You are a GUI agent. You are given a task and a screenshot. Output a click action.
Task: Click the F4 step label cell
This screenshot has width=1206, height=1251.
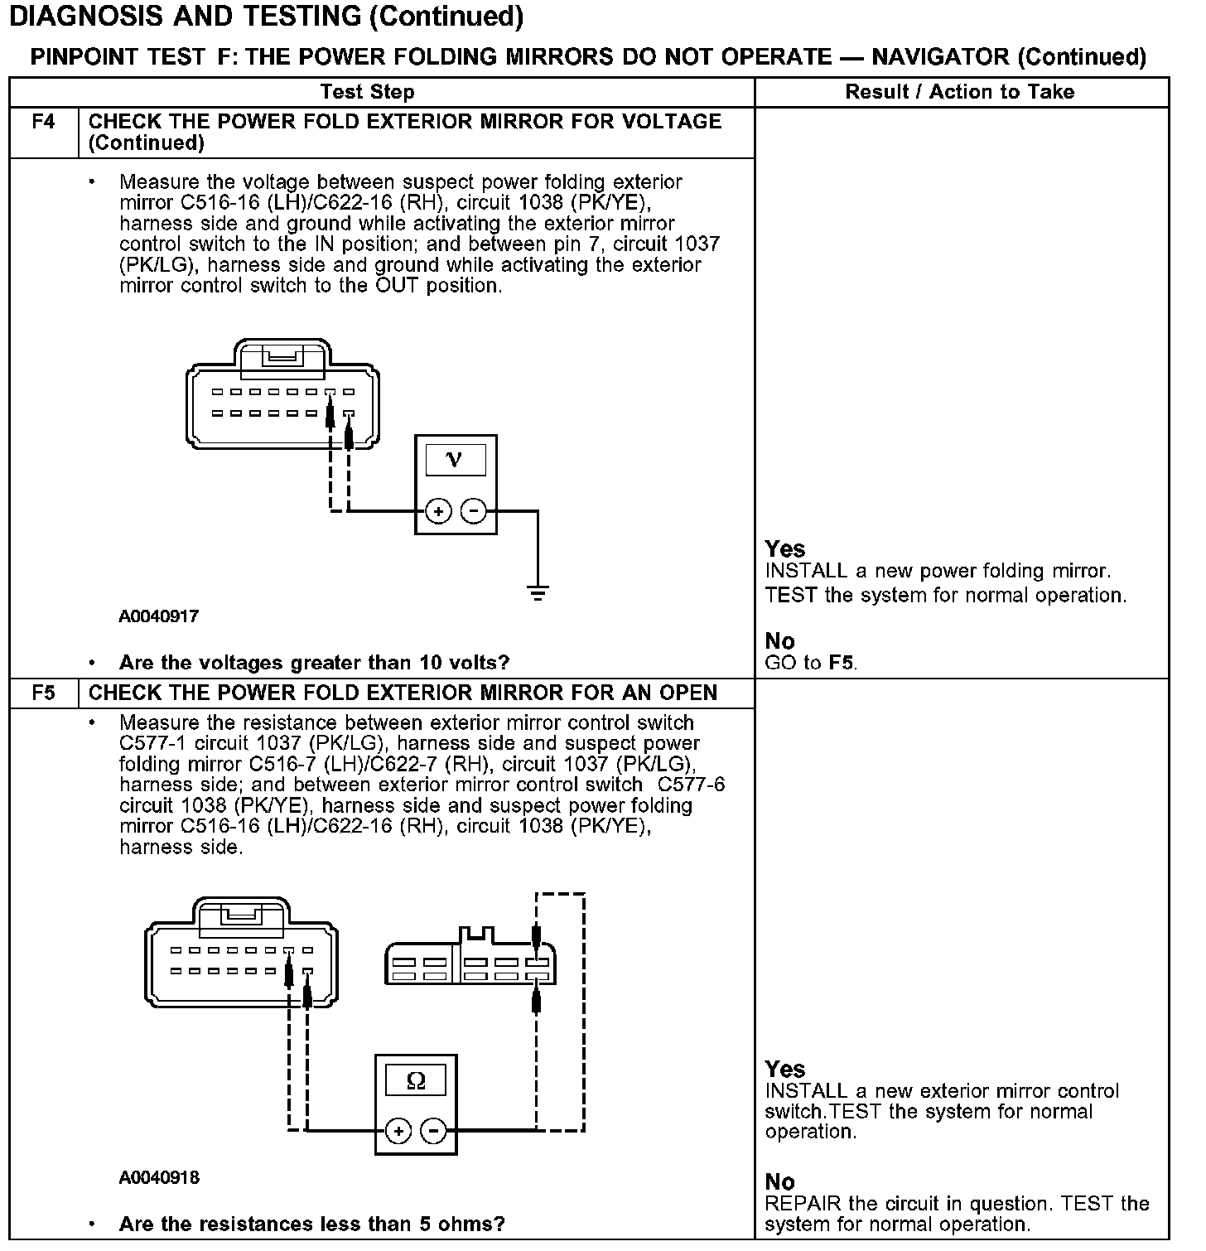[x=44, y=123]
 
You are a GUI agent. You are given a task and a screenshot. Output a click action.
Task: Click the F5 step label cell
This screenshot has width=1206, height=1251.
[x=44, y=693]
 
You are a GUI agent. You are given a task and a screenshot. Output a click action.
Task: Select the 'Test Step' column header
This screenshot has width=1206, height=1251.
[x=367, y=92]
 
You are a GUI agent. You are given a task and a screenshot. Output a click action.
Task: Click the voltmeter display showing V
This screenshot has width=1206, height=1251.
[x=455, y=460]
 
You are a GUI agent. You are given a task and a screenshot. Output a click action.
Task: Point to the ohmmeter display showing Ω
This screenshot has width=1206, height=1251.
[x=416, y=1080]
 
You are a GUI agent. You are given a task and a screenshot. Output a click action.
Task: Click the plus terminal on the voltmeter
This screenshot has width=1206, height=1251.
[x=438, y=511]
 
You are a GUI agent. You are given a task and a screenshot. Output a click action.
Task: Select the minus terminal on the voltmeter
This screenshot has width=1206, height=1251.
[x=473, y=511]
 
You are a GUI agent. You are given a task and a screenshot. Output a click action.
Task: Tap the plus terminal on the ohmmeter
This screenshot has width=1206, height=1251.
[x=398, y=1131]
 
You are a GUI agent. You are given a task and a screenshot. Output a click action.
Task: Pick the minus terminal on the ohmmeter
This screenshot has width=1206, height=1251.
[x=433, y=1131]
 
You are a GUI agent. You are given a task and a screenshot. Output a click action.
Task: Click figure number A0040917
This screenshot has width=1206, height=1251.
[x=158, y=616]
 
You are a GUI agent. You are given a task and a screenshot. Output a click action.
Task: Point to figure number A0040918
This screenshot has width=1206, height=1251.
[x=159, y=1177]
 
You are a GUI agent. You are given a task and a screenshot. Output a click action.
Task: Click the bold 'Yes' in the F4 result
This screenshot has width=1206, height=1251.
[x=785, y=548]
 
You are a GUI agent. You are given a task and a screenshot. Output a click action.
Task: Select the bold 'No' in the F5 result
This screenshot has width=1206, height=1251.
[x=779, y=1181]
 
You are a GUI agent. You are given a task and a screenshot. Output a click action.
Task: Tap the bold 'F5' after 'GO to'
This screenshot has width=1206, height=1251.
[x=841, y=663]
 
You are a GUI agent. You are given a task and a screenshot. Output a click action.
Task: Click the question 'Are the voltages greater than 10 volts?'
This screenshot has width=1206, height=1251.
[x=314, y=663]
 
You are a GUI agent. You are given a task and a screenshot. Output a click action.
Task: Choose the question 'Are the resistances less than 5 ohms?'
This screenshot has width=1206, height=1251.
[x=311, y=1224]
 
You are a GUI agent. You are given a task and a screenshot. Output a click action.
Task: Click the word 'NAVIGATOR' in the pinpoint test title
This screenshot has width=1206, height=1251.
[x=940, y=56]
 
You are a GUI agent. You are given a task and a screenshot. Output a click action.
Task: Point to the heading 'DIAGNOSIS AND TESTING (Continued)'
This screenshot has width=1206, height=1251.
[x=266, y=16]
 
